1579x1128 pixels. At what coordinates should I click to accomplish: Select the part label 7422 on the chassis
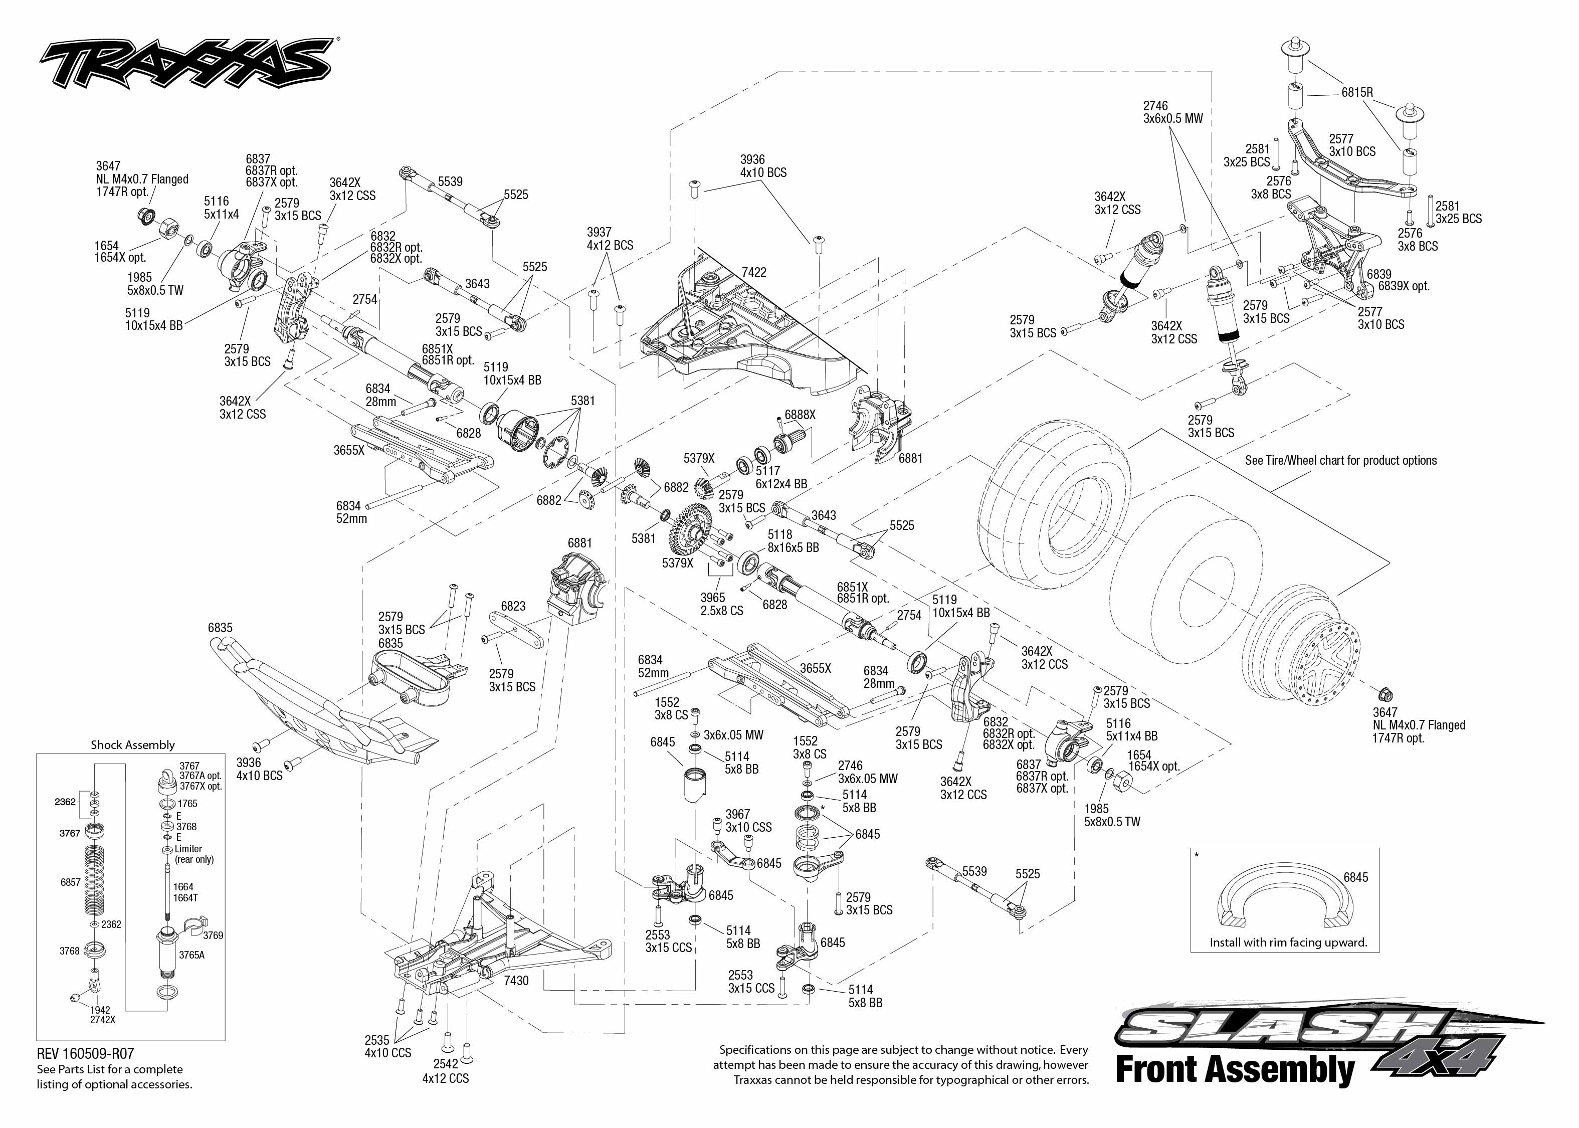pyautogui.click(x=753, y=272)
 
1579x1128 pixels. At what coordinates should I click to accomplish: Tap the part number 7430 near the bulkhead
pyautogui.click(x=516, y=981)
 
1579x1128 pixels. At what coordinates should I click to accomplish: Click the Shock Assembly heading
pyautogui.click(x=133, y=744)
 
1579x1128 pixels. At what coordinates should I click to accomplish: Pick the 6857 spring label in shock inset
pyautogui.click(x=70, y=882)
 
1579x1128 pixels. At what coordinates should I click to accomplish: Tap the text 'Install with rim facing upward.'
pyautogui.click(x=1288, y=943)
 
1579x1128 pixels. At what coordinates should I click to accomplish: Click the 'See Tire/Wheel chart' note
pyautogui.click(x=1340, y=461)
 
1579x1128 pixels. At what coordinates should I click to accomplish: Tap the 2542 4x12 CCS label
pyautogui.click(x=445, y=1071)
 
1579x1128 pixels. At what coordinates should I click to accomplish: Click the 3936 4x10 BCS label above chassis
pyautogui.click(x=762, y=166)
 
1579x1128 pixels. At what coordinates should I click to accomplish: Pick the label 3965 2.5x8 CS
pyautogui.click(x=721, y=604)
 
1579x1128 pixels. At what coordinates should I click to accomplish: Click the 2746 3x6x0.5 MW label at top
pyautogui.click(x=1173, y=112)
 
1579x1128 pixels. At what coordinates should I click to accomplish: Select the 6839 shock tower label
pyautogui.click(x=1398, y=280)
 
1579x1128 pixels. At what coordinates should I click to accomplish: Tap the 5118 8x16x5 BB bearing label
pyautogui.click(x=793, y=541)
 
